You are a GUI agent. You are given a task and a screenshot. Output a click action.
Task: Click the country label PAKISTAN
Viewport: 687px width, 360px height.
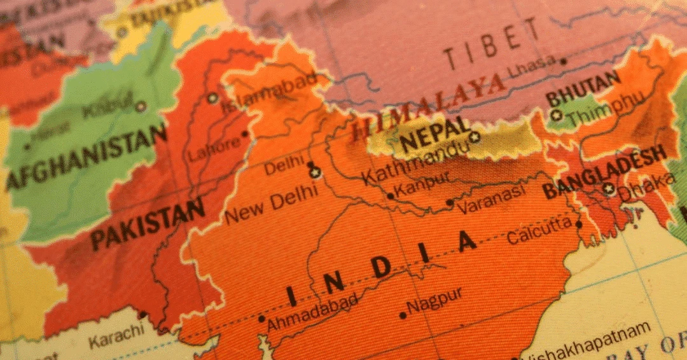pyautogui.click(x=147, y=224)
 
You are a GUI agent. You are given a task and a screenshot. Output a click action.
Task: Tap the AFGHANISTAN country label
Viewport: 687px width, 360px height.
pyautogui.click(x=86, y=156)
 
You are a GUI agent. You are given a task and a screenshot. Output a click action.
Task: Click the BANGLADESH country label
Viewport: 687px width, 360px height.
pyautogui.click(x=604, y=171)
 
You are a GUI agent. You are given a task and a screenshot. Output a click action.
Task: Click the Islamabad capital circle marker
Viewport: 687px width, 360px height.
pyautogui.click(x=212, y=98)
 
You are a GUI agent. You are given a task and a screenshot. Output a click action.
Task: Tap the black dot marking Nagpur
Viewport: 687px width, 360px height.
pyautogui.click(x=402, y=315)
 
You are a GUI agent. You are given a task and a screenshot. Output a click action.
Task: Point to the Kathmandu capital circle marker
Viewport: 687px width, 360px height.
pyautogui.click(x=474, y=136)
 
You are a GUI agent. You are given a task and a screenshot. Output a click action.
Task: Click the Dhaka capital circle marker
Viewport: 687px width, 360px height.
pyautogui.click(x=609, y=188)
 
